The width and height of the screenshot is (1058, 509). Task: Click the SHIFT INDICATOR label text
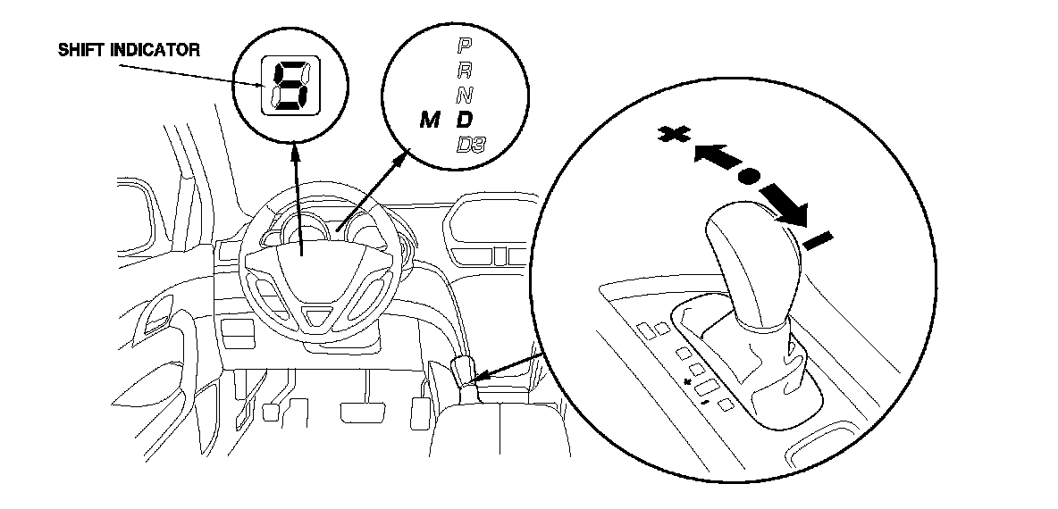(129, 50)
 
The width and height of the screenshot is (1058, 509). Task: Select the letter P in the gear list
(465, 46)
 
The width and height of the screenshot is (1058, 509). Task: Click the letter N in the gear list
(465, 96)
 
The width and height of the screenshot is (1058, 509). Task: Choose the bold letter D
(465, 120)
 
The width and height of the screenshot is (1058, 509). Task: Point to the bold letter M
(430, 121)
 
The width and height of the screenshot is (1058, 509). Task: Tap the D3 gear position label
(472, 145)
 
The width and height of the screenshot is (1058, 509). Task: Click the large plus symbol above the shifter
(673, 137)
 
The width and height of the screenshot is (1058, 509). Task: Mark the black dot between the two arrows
(747, 178)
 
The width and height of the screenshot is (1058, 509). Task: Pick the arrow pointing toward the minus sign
(784, 204)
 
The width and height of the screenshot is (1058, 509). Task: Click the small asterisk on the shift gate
(688, 382)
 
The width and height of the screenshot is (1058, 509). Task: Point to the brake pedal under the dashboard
(363, 412)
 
